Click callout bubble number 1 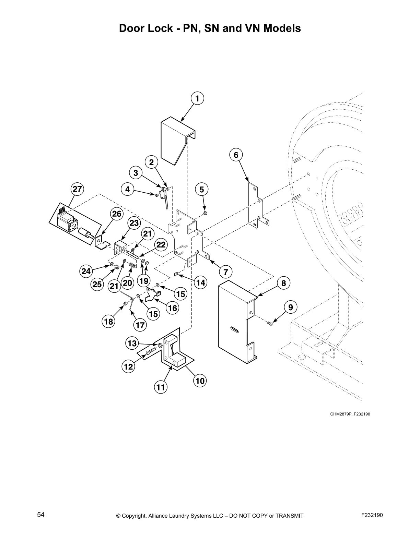pos(197,98)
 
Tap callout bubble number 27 pos(77,189)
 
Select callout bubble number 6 pos(236,155)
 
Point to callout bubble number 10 pos(200,381)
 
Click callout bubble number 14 pos(200,282)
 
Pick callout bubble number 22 pos(161,245)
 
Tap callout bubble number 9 pos(291,307)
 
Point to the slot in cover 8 pos(234,330)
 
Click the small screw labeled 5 pos(205,213)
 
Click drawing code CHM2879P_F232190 pos(350,414)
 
